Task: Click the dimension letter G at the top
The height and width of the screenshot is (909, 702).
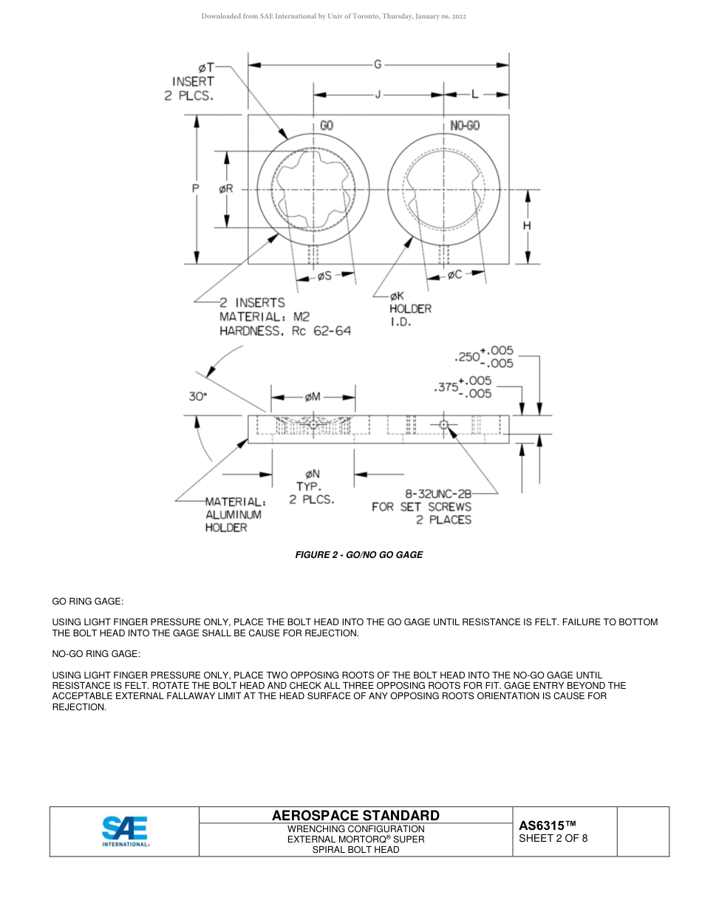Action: pos(378,65)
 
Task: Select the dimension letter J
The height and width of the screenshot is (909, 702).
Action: pos(378,95)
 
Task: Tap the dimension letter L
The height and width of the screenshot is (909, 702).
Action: pos(475,95)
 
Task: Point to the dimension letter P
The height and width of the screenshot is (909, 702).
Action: pos(196,188)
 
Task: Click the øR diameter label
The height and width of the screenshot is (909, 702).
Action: pos(226,188)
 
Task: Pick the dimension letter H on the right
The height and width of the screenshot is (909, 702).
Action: pos(527,226)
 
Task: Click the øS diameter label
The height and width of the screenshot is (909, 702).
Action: pos(324,276)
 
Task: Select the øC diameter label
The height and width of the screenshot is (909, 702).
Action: pos(454,275)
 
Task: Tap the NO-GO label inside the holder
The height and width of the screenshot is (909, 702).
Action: pos(465,126)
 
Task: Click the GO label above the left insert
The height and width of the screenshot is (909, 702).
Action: pos(327,126)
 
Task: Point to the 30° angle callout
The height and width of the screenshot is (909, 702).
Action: pos(197,396)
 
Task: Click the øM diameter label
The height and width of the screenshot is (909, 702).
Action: pos(313,397)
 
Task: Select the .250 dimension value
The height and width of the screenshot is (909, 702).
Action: pos(467,357)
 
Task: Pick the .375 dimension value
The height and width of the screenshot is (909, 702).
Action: pos(446,387)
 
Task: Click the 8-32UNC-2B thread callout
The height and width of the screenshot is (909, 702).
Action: pos(437,493)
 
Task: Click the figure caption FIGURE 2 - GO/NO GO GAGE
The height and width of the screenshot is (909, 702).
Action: pos(359,554)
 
